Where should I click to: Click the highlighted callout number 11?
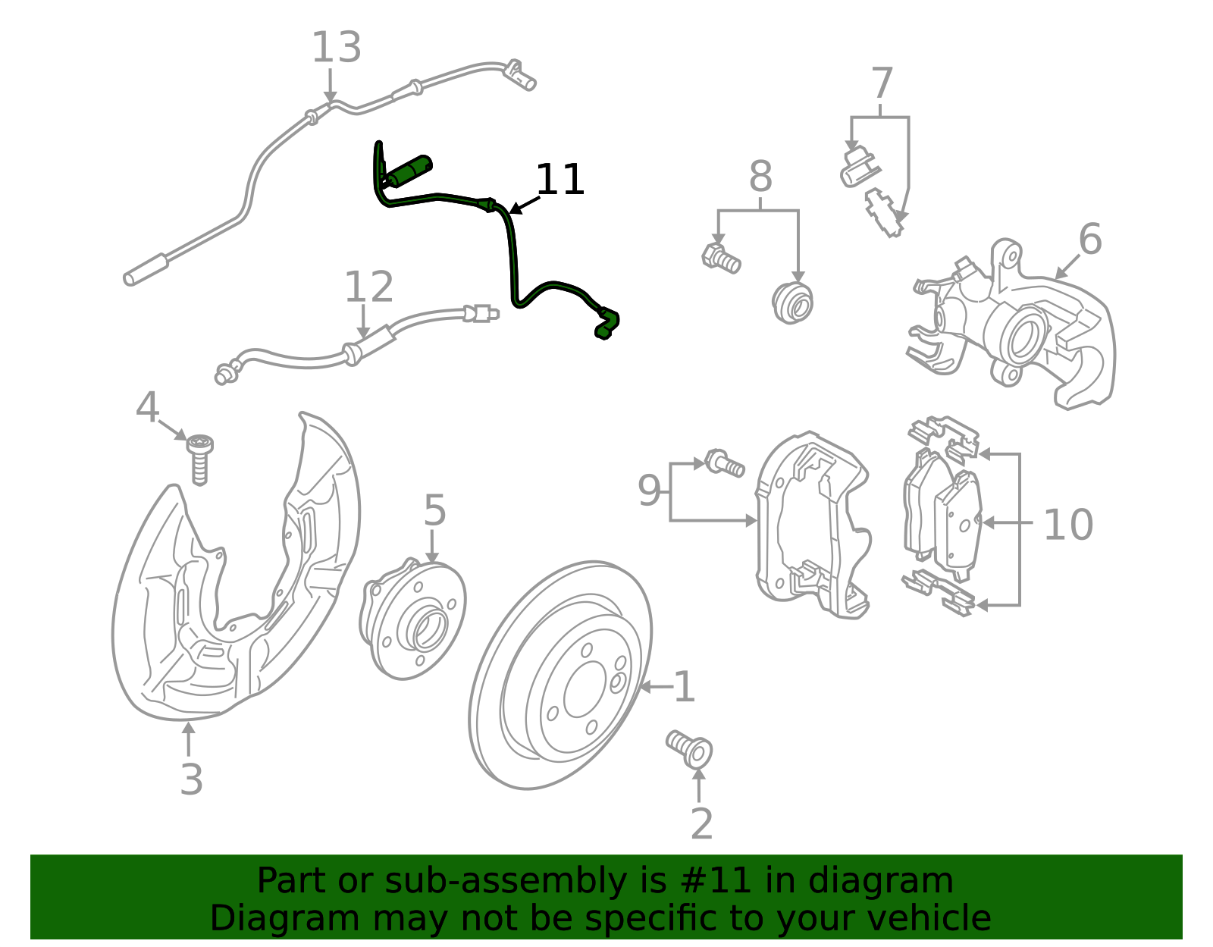pos(559,180)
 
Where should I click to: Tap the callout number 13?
pos(336,48)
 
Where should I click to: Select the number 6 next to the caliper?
pos(1089,240)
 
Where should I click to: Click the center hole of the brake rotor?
pos(585,688)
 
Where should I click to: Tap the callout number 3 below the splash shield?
pos(191,779)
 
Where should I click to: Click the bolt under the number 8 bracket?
pos(721,258)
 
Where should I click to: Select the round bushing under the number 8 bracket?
pos(793,302)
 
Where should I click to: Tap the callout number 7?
pos(882,83)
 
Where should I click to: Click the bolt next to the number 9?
pos(724,463)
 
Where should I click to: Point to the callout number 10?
pos(1067,524)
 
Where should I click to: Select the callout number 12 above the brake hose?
pos(368,287)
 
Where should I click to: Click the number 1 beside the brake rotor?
pos(684,687)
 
